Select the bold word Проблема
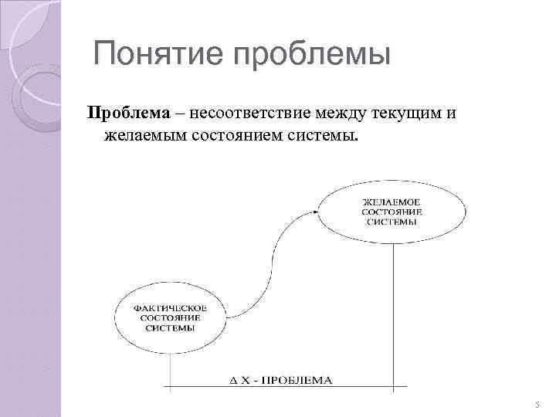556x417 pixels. click(x=128, y=114)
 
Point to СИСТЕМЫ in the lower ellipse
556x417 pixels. click(x=170, y=327)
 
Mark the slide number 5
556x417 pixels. click(x=537, y=404)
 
